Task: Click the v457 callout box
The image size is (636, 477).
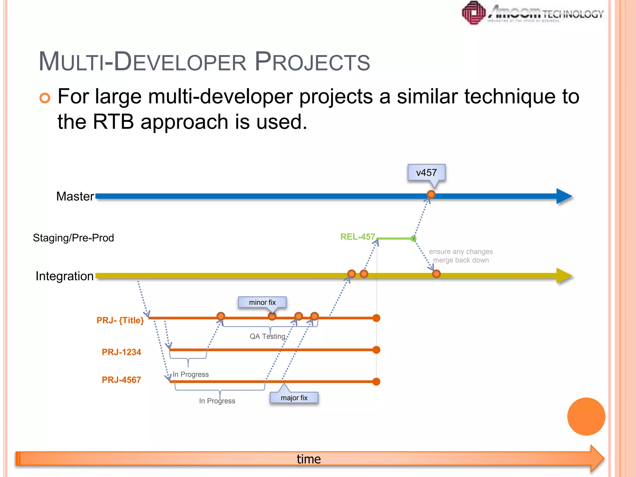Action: [x=426, y=173]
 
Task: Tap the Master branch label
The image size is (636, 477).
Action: [x=75, y=196]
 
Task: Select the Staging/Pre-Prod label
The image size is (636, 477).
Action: [x=73, y=238]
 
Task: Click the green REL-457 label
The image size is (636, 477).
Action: [x=358, y=237]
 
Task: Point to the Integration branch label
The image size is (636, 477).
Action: [x=65, y=276]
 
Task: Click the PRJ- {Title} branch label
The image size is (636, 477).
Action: [x=120, y=320]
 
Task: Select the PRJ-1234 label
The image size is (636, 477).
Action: [x=121, y=352]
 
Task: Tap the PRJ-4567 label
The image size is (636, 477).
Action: [x=121, y=379]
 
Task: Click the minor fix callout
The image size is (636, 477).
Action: [x=262, y=302]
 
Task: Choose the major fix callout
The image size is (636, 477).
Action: [x=294, y=398]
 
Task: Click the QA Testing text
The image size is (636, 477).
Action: [x=267, y=336]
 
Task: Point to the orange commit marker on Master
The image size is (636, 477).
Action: [x=431, y=194]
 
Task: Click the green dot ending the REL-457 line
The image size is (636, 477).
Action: [x=413, y=238]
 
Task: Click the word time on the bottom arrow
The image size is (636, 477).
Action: [x=309, y=459]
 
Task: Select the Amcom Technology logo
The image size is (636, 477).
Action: [x=532, y=13]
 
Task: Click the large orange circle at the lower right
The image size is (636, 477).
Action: [x=586, y=416]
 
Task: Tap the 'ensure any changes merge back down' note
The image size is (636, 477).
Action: [x=461, y=256]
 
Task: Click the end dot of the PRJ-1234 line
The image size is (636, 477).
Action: [x=376, y=350]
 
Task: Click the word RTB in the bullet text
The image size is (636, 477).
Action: [x=113, y=121]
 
